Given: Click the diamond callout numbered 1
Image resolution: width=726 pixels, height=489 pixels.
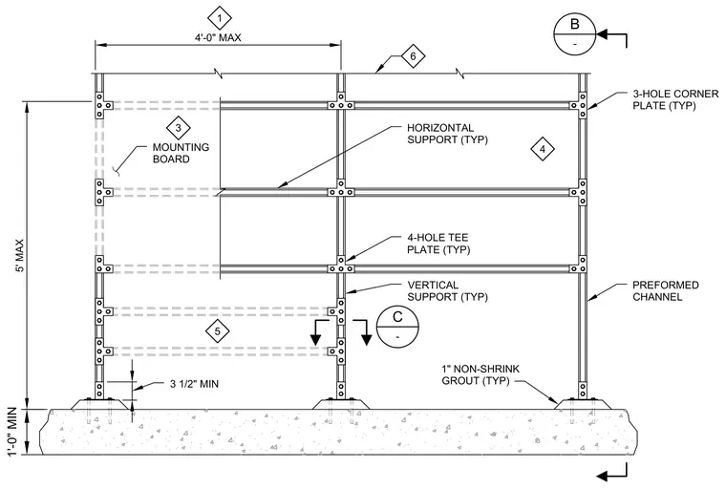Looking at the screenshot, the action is click(220, 18).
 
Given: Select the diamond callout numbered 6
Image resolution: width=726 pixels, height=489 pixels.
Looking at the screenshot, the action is click(413, 56).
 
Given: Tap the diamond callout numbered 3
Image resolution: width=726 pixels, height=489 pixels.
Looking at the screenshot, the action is click(179, 128).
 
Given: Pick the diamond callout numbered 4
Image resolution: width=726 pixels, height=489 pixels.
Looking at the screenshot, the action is click(543, 149).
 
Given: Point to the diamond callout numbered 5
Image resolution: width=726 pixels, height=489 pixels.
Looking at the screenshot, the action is click(218, 331).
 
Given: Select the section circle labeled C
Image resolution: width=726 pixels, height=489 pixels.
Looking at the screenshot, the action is click(397, 326).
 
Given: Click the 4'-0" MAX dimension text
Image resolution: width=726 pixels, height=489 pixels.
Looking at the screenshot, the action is click(218, 37).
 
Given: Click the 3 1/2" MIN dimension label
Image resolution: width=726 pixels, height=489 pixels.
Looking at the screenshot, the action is click(194, 384).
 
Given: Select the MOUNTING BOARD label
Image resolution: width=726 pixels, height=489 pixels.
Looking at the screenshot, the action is click(181, 153).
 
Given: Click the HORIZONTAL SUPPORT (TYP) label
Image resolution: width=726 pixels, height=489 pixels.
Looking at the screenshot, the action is click(447, 134).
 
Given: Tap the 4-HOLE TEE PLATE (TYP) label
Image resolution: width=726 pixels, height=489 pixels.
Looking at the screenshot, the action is click(438, 244).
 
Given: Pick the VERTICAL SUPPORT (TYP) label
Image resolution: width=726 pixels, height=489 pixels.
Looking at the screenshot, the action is click(447, 290).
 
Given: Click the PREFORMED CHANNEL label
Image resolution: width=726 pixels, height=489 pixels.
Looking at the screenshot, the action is click(666, 290).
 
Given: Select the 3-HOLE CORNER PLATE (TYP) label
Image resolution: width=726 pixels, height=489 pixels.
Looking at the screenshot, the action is click(675, 99).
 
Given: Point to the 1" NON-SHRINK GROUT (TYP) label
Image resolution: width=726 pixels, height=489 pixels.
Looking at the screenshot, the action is click(480, 374).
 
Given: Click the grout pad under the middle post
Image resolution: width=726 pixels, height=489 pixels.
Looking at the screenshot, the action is click(341, 404).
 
